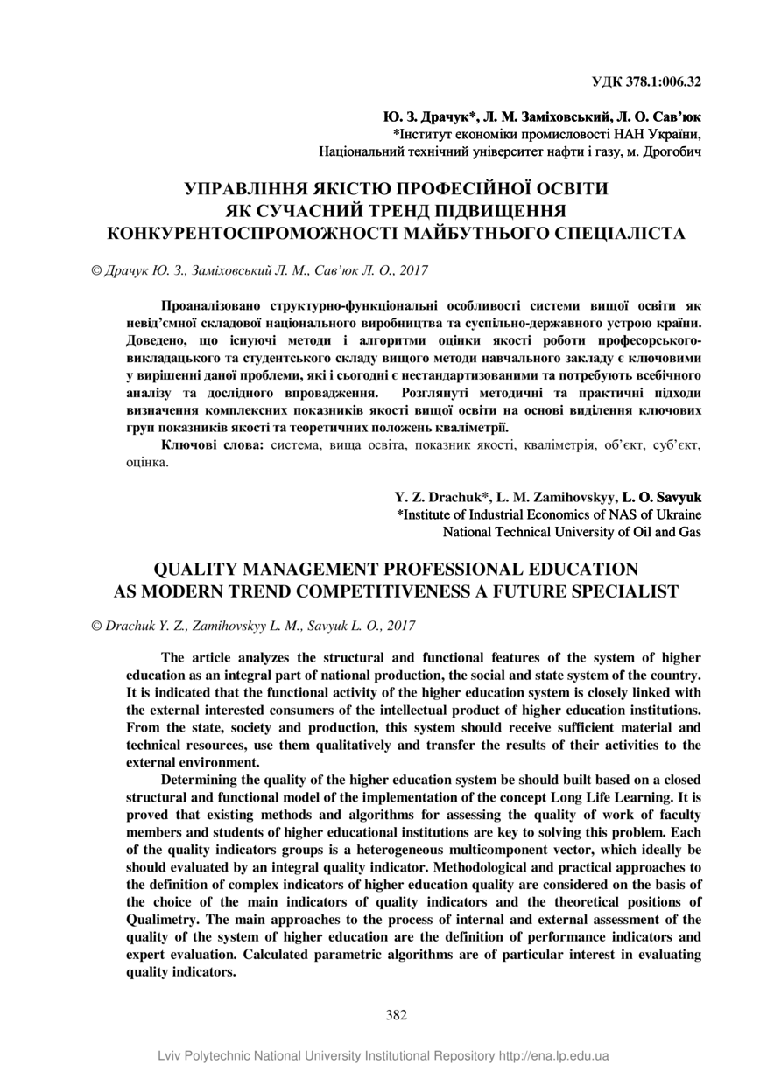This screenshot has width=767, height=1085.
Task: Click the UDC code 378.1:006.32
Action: coord(664,82)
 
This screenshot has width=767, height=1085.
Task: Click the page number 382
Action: coord(396,1015)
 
